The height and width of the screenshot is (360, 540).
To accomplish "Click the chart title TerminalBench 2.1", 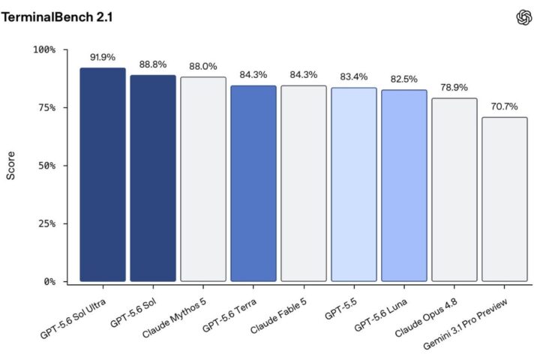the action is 57,17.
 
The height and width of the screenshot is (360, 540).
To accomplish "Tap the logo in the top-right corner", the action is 523,17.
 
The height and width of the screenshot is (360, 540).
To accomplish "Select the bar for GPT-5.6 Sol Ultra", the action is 103,175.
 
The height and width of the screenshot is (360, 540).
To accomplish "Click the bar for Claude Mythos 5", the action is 203,179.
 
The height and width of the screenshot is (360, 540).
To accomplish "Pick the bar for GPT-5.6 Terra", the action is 253,184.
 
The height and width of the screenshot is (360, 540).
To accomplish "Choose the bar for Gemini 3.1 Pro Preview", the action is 505,199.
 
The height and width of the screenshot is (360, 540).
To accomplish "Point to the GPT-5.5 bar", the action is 354,184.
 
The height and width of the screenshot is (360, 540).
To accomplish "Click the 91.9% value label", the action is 103,57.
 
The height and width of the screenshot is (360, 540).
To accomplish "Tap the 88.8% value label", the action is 153,64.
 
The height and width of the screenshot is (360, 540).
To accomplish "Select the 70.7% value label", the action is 505,106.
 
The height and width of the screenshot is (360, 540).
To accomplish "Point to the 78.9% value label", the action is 454,88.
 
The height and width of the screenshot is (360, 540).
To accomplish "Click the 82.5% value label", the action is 404,79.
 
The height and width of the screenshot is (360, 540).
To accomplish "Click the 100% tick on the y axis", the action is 44,49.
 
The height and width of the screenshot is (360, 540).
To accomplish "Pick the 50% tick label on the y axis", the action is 46,166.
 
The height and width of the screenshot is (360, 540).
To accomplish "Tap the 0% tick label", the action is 49,282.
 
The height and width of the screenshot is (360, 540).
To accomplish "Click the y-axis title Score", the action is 10,166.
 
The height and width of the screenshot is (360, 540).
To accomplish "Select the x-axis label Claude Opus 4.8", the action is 426,318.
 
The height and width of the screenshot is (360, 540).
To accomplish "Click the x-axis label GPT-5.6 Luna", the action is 380,315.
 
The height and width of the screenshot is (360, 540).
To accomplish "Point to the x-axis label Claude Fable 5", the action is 278,316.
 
